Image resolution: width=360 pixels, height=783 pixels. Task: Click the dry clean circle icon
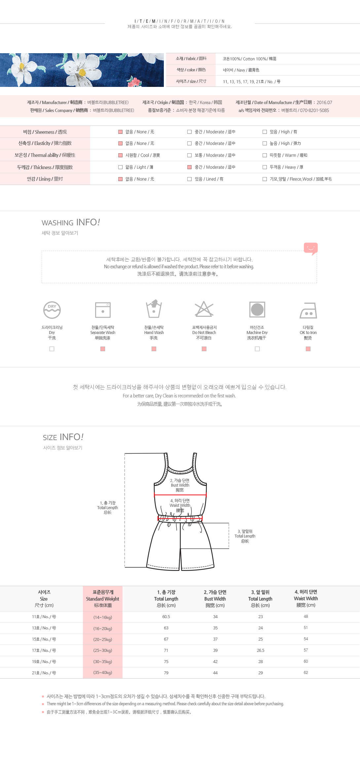[52, 310]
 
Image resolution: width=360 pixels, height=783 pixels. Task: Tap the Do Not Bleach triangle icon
[204, 309]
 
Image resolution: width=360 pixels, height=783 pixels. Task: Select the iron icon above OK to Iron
[308, 311]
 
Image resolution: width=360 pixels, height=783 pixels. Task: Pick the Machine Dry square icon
[257, 310]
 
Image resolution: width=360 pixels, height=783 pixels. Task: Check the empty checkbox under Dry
[52, 349]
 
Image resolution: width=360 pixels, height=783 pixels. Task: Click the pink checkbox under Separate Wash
[103, 349]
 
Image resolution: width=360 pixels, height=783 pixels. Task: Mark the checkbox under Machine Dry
[257, 349]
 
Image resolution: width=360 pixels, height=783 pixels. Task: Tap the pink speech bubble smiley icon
[310, 248]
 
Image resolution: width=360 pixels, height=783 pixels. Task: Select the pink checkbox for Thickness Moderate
[190, 167]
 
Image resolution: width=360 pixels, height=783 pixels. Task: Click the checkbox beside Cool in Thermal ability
[121, 155]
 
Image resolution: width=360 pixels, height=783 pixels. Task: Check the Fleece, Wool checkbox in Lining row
[265, 179]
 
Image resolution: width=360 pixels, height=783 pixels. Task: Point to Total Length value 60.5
[166, 617]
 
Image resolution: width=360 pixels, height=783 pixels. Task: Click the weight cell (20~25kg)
[103, 639]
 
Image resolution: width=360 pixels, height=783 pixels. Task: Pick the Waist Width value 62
[306, 672]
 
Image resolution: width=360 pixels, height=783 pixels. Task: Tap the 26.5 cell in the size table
[261, 650]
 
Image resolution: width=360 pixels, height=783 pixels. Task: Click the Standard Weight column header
[103, 599]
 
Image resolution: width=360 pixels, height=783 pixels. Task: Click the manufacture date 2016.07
[324, 102]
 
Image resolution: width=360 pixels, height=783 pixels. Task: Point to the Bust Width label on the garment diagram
[180, 485]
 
